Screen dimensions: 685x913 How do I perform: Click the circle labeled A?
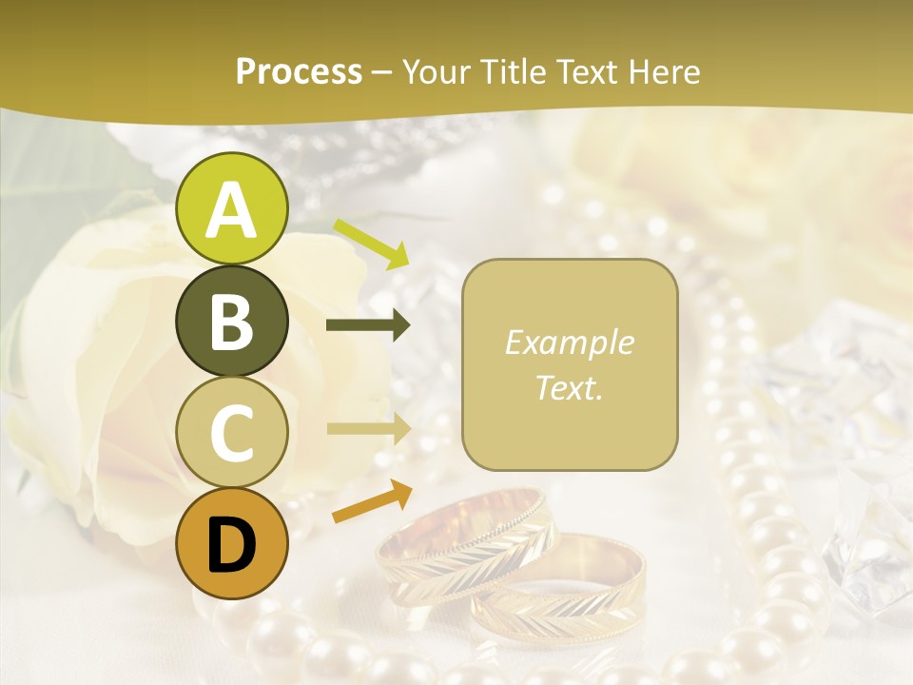231,209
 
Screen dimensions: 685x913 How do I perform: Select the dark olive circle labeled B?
231,322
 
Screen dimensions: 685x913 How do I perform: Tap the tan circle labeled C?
231,433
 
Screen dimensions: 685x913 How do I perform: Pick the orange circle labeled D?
231,544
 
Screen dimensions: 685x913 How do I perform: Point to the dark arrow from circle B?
367,325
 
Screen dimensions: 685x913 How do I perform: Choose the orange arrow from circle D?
372,501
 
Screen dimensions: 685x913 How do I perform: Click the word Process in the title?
299,71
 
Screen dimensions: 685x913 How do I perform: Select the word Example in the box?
569,342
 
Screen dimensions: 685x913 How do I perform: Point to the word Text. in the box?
569,387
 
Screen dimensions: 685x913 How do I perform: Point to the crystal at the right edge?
870,533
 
